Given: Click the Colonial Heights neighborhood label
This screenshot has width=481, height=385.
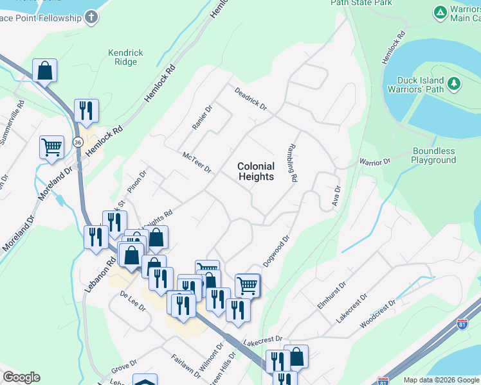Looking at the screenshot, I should [x=256, y=171].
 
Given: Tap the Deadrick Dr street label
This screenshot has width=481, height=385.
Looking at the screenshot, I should [x=250, y=98].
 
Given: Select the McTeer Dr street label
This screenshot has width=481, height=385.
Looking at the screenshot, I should [x=197, y=162].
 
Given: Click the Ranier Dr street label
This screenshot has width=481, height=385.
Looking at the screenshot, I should [x=202, y=117].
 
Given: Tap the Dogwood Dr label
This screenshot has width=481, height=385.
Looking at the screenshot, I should [x=277, y=251].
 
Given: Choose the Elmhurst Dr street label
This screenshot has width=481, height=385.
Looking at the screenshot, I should [x=332, y=295].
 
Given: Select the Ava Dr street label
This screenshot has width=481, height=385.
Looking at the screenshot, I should [x=336, y=196].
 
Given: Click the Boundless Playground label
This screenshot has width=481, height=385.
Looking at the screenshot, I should [x=434, y=156].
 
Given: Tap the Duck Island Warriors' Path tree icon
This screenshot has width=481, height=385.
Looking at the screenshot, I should [x=454, y=83].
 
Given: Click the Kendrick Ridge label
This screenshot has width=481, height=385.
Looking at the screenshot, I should [x=122, y=57].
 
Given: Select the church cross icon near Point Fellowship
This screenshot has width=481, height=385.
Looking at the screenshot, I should [x=91, y=17].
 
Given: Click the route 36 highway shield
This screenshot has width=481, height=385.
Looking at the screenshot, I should [x=78, y=142].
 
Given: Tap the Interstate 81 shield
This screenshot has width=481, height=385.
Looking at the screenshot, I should [x=383, y=381].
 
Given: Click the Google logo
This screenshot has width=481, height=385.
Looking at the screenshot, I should [x=21, y=377].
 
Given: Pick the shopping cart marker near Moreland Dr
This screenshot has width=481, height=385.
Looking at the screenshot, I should [x=51, y=146].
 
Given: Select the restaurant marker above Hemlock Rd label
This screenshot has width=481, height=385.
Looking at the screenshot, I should [x=86, y=110].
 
